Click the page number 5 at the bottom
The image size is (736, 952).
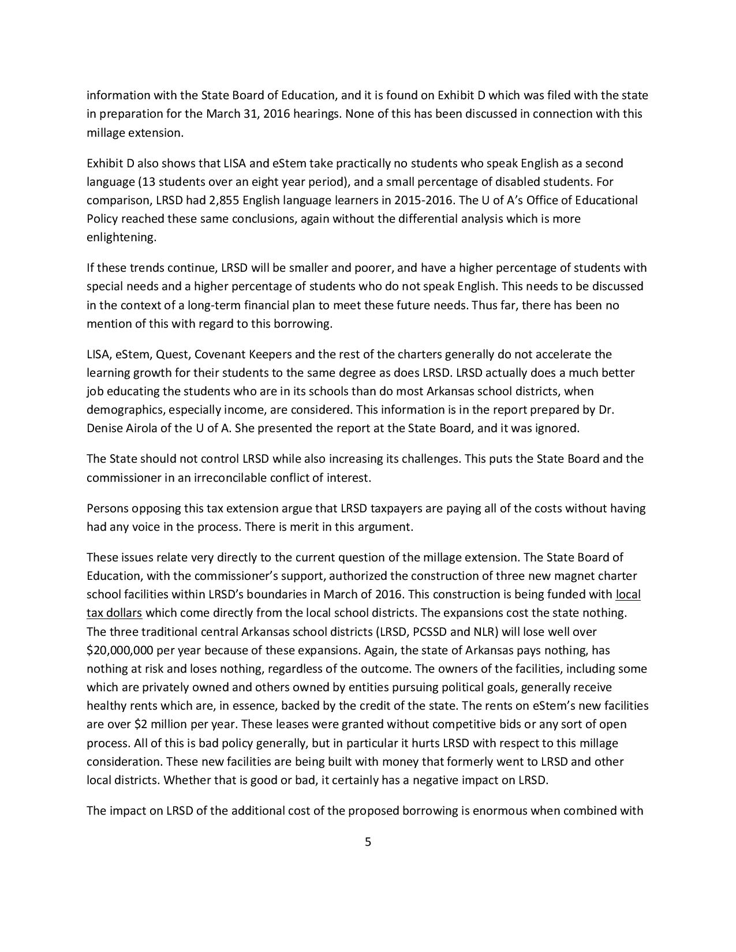(368, 842)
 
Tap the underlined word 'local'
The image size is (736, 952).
(628, 594)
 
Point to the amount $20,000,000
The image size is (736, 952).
(119, 650)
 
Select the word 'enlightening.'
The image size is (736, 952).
(121, 238)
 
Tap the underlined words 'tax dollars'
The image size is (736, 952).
(114, 613)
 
